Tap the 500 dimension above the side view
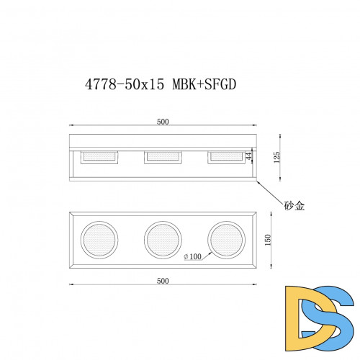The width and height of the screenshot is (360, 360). click(x=163, y=122)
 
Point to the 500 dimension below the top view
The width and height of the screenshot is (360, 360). click(x=163, y=280)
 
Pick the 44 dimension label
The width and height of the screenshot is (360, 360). click(x=250, y=156)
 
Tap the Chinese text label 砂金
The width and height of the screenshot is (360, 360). click(x=294, y=205)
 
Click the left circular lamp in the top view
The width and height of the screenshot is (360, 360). click(x=98, y=239)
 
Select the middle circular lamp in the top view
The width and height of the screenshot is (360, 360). click(x=162, y=239)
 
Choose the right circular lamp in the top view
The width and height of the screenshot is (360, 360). click(x=225, y=239)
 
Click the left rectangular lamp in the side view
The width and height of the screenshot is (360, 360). click(x=98, y=156)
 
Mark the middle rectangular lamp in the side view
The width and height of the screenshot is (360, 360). click(x=162, y=156)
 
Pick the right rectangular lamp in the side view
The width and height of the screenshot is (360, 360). click(x=225, y=156)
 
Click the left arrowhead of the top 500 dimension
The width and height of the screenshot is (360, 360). click(x=71, y=127)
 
